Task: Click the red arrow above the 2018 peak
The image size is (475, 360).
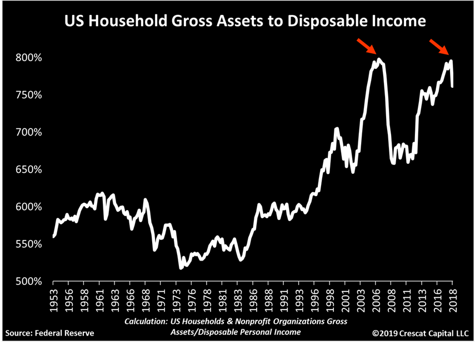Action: click(439, 46)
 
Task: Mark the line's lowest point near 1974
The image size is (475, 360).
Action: click(181, 268)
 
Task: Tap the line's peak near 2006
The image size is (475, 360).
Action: click(379, 59)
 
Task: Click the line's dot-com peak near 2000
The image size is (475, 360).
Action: click(336, 128)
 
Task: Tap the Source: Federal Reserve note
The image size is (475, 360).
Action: click(50, 333)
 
